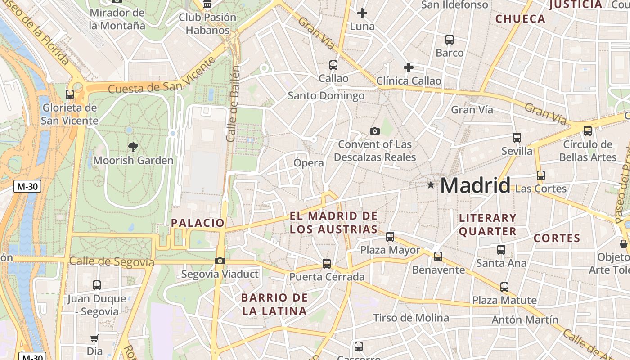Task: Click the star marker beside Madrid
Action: point(431,184)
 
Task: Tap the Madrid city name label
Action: point(475,185)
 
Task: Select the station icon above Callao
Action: point(333,65)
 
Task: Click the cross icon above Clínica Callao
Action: point(409,67)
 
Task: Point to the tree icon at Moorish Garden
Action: point(133,146)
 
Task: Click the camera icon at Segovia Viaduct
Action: point(220,261)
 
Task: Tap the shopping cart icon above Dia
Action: point(94,338)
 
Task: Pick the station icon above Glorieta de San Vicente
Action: point(70,94)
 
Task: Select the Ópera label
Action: point(309,163)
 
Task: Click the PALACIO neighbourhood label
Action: point(198,223)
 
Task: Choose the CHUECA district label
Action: point(520,19)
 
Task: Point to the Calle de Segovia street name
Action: point(112,261)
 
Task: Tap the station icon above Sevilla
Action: point(517,138)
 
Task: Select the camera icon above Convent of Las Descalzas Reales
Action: point(375,131)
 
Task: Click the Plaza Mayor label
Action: point(390,250)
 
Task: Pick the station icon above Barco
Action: point(450,40)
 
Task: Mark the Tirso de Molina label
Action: point(411,318)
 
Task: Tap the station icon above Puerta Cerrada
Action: point(327,264)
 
